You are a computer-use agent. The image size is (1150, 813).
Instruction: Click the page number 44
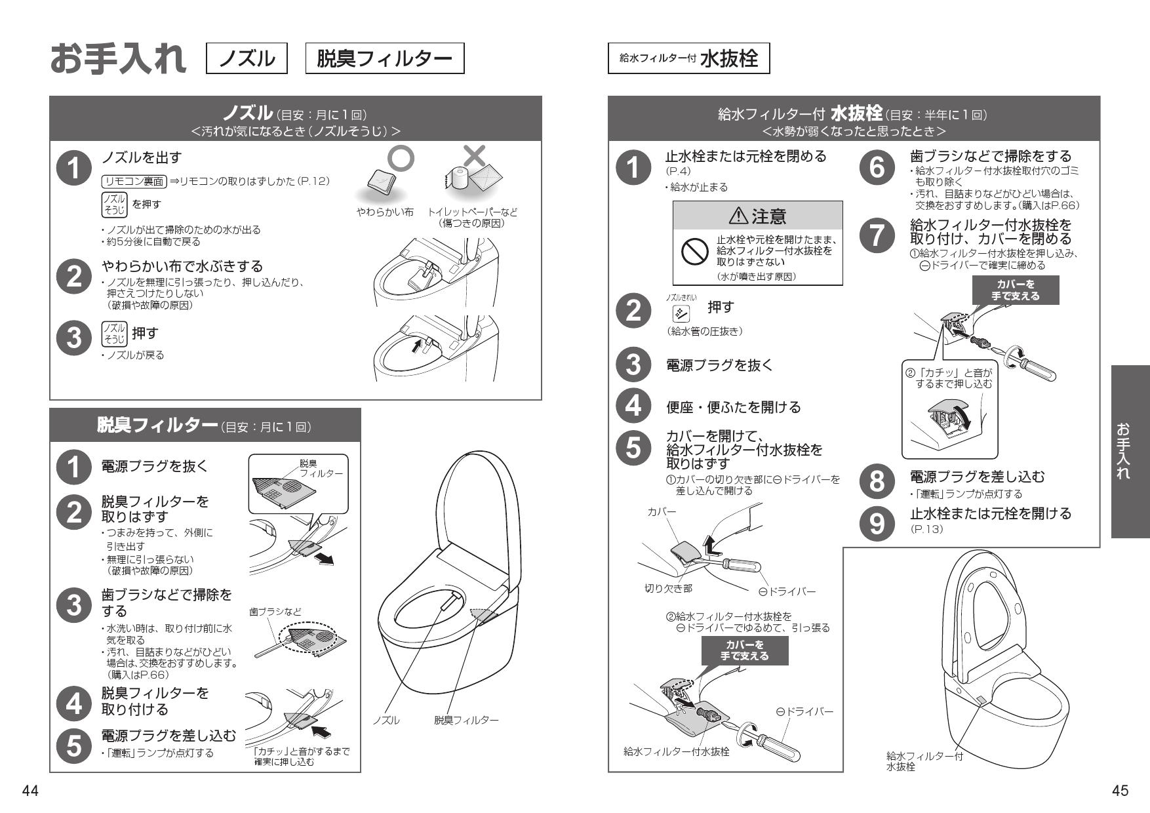tap(30, 791)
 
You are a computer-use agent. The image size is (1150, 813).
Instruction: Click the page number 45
tap(1120, 791)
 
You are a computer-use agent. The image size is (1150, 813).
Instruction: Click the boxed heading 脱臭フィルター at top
tap(385, 59)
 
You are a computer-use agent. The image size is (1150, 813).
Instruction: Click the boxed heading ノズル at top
tap(247, 59)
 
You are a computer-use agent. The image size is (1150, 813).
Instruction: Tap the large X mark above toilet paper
tap(475, 155)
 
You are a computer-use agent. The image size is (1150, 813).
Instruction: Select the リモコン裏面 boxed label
tap(134, 182)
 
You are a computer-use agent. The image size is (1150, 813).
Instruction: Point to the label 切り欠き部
tap(667, 589)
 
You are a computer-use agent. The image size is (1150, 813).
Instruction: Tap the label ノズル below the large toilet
tap(386, 720)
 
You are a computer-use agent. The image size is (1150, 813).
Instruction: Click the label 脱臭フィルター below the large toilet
tap(466, 720)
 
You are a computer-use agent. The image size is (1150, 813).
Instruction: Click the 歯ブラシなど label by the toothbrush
tap(275, 612)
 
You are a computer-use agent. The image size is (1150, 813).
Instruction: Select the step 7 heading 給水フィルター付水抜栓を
tap(990, 225)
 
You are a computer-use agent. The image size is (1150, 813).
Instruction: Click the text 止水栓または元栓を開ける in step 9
tap(990, 513)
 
